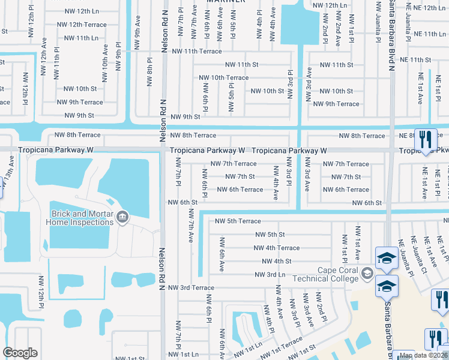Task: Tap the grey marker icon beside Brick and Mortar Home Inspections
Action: [x=122, y=217]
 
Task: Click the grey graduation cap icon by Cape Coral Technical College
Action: [x=366, y=275]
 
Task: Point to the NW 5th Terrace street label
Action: [x=239, y=221]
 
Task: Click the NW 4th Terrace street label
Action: [x=276, y=248]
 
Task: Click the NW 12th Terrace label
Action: [x=81, y=25]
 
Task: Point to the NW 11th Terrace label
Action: [x=194, y=52]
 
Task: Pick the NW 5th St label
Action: [x=270, y=235]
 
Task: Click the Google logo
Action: [x=20, y=353]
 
